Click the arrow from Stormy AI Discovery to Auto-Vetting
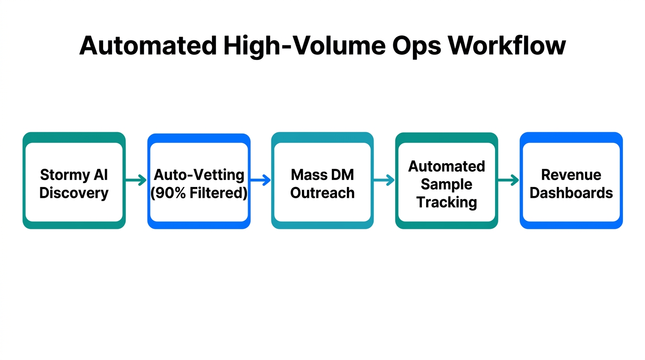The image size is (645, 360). pos(136,180)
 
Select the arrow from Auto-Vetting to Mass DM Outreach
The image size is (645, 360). pos(261,180)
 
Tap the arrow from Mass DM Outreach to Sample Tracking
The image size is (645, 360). pos(384,180)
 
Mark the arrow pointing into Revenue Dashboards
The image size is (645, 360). pos(509,180)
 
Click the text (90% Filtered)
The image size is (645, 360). pos(199,193)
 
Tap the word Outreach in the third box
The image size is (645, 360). pos(322,193)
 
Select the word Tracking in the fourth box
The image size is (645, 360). pos(446,202)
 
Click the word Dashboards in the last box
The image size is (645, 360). pos(571,193)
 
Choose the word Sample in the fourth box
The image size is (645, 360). pos(446,184)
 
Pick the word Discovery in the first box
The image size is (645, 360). pos(74,193)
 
